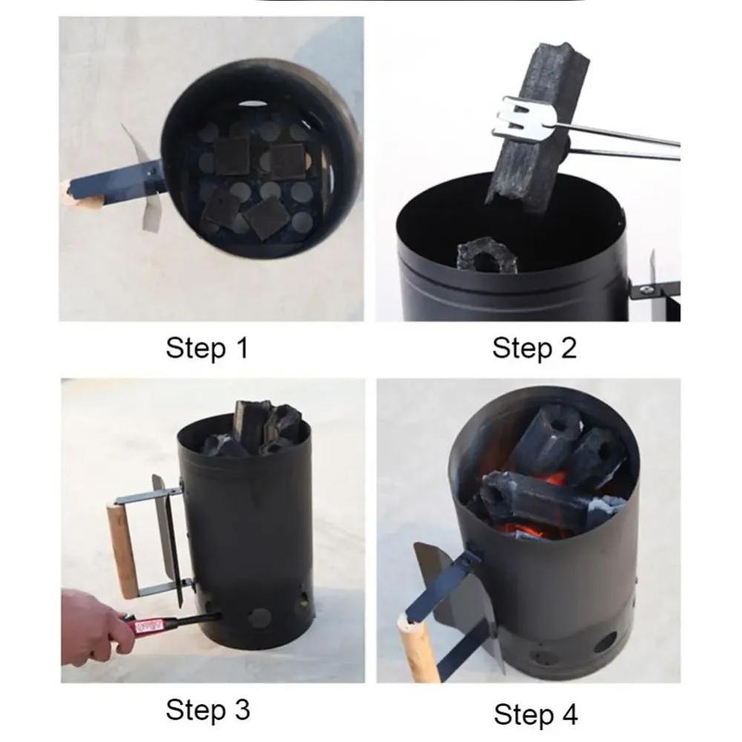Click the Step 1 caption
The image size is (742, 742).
click(207, 348)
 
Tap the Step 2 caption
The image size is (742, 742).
click(534, 348)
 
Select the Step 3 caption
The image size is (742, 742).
click(207, 709)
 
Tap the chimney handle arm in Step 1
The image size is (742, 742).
click(126, 178)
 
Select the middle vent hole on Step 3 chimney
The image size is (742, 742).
click(259, 617)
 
